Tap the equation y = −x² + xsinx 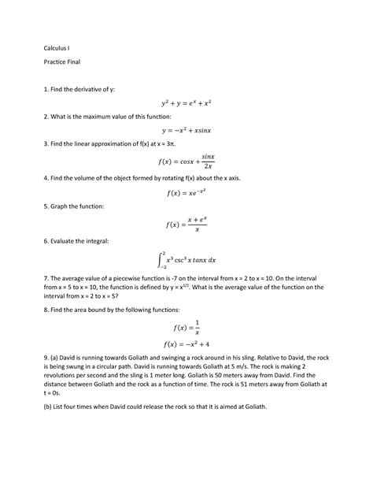[x=186, y=131]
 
